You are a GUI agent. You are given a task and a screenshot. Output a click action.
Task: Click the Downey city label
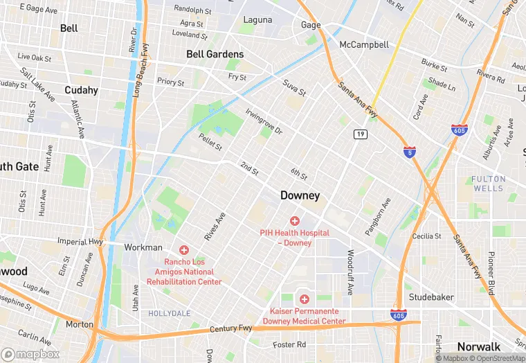tap(300, 196)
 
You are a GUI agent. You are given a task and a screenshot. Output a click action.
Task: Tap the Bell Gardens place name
tap(215, 54)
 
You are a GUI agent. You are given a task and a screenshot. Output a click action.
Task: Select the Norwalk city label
tap(478, 347)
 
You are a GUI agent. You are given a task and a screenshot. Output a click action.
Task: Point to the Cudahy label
tap(81, 90)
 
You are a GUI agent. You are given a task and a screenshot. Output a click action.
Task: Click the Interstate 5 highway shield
tap(410, 151)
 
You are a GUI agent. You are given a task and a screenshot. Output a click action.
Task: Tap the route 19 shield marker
tap(360, 134)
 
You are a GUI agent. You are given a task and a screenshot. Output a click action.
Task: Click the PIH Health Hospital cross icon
tap(295, 221)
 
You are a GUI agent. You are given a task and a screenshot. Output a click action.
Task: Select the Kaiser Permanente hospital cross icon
tap(303, 299)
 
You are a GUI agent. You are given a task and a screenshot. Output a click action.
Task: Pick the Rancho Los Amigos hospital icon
tap(184, 249)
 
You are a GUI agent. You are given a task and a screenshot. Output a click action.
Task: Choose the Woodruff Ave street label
tap(351, 272)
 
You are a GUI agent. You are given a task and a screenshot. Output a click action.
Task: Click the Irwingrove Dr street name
tap(264, 121)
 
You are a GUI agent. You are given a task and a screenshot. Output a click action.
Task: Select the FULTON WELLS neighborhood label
tap(489, 184)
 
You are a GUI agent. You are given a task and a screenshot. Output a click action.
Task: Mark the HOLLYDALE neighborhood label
tap(169, 314)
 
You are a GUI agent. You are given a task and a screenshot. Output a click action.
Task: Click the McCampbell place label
tap(363, 44)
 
